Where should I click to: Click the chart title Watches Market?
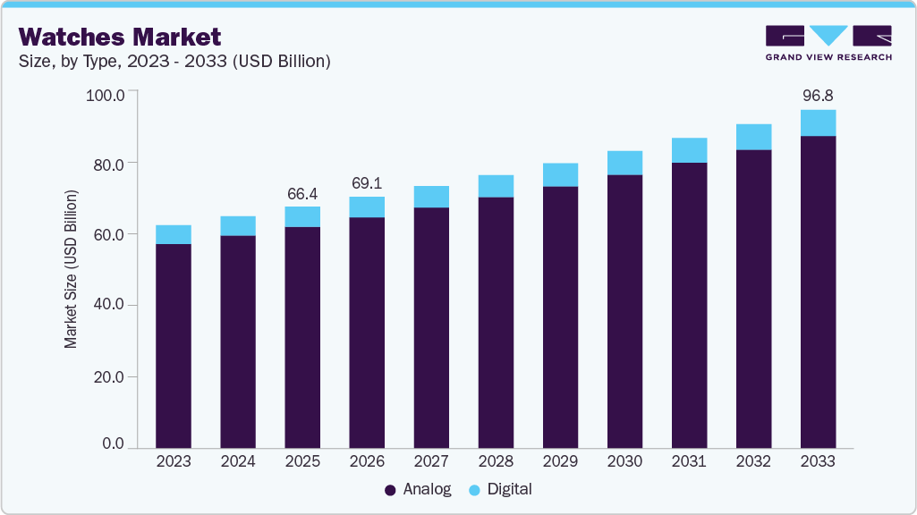[x=119, y=37]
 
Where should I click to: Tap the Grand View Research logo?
[x=828, y=43]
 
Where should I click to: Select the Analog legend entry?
[x=418, y=489]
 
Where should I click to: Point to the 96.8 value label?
[x=818, y=96]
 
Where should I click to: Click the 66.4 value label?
[x=302, y=193]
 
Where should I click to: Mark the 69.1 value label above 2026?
[x=367, y=183]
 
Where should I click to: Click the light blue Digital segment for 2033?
[x=818, y=122]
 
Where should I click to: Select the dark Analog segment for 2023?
[x=174, y=345]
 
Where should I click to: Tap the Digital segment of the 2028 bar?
[x=496, y=186]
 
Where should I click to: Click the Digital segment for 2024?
[x=238, y=225]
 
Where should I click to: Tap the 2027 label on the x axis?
[x=431, y=461]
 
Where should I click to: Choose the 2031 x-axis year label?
[x=689, y=461]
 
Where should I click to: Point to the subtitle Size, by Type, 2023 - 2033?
[x=175, y=62]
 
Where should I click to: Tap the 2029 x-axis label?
[x=560, y=461]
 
